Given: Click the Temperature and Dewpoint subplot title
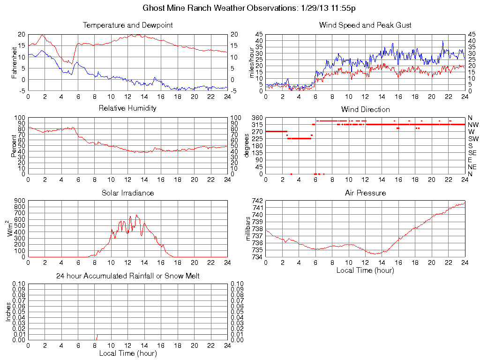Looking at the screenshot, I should pyautogui.click(x=127, y=25).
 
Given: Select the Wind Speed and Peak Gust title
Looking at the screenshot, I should pyautogui.click(x=365, y=25).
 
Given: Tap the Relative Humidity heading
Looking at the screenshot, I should pyautogui.click(x=127, y=108).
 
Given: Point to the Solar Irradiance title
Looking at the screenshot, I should pyautogui.click(x=127, y=193).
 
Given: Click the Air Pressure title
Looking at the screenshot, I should pyautogui.click(x=365, y=193).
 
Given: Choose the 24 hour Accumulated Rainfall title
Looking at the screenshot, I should pyautogui.click(x=127, y=276).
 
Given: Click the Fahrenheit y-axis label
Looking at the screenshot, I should pyautogui.click(x=14, y=63).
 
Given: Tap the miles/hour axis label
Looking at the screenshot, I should pyautogui.click(x=251, y=63).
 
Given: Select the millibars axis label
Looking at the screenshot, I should pyautogui.click(x=249, y=229).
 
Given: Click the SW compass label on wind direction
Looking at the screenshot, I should pyautogui.click(x=473, y=139).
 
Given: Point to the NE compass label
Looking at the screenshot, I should pyautogui.click(x=472, y=167).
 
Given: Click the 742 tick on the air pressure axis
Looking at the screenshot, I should pyautogui.click(x=257, y=201).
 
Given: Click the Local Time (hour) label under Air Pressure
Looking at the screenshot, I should pyautogui.click(x=365, y=270).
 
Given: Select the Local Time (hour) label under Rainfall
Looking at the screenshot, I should pyautogui.click(x=127, y=353).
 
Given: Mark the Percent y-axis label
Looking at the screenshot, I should pyautogui.click(x=14, y=146).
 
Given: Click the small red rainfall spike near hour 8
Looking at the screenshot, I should pyautogui.click(x=97, y=337).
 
